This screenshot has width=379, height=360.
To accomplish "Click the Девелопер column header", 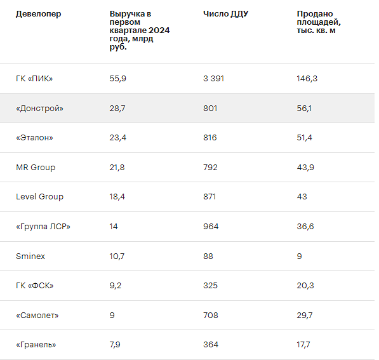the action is (x=39, y=14).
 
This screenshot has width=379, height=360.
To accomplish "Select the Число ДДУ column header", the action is (x=226, y=14).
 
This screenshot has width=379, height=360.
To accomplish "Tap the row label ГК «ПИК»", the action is (x=34, y=79).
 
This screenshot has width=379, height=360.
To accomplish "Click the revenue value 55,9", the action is (x=117, y=79).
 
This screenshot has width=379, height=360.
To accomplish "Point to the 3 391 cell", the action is (x=214, y=79).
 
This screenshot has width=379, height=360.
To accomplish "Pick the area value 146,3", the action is (x=307, y=79).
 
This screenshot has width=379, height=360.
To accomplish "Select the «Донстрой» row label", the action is (x=39, y=109).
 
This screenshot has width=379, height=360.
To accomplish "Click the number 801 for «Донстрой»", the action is (x=210, y=109).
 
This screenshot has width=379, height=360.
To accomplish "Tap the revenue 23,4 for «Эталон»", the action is (x=117, y=138).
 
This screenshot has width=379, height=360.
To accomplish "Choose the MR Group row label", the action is (x=36, y=168).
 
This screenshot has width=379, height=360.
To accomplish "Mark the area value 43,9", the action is (x=305, y=168).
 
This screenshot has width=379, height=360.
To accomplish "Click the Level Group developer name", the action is (x=39, y=197).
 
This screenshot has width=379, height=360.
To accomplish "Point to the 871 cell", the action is (x=209, y=197).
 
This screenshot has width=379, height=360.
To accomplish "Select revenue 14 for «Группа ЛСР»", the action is (x=114, y=227).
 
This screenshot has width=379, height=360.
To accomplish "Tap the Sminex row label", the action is (x=30, y=257).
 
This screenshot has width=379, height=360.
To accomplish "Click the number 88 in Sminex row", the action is (x=208, y=257).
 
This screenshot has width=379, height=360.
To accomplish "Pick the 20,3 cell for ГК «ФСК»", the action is (x=305, y=286).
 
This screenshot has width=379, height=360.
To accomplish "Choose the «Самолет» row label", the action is (x=37, y=316).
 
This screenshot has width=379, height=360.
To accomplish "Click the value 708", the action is (x=211, y=316).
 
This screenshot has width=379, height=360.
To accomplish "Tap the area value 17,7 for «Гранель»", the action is (x=303, y=345).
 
